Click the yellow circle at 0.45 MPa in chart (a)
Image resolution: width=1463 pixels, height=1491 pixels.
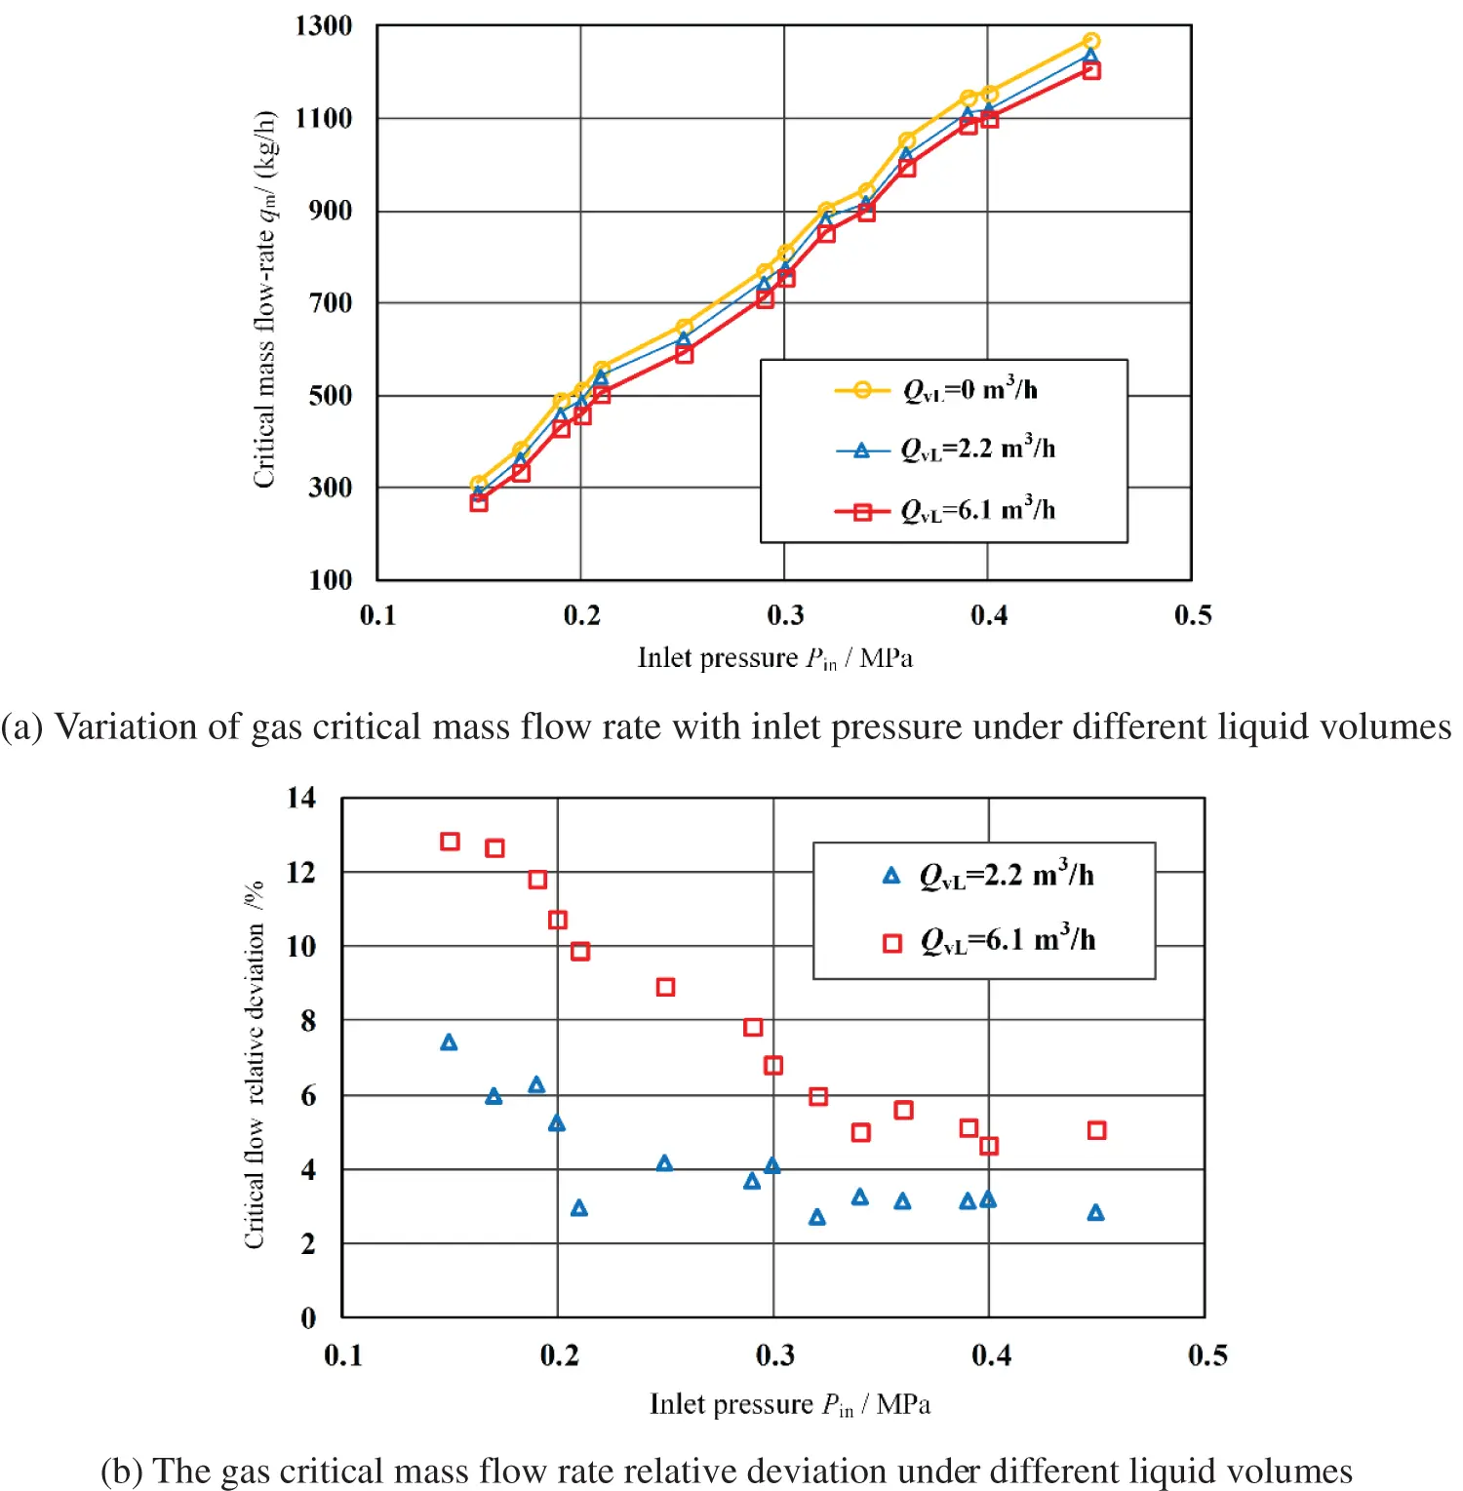coord(1091,41)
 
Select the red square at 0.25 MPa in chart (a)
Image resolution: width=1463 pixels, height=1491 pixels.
coord(684,355)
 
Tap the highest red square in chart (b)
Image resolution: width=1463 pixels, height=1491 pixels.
coord(450,842)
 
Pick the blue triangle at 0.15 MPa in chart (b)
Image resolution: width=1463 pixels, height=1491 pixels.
coord(449,1042)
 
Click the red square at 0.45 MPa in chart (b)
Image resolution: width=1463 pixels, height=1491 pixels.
coord(1096,1130)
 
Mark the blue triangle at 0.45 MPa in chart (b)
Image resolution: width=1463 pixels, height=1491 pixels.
coord(1095,1213)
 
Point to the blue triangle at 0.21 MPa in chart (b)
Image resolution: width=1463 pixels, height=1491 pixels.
coord(579,1208)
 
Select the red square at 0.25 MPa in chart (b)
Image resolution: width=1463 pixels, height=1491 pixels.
coord(665,987)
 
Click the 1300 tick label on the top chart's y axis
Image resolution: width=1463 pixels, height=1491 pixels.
coord(324,25)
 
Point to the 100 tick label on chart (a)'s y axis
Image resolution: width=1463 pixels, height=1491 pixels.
coord(330,580)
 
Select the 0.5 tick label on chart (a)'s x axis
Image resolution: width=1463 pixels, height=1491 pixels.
coord(1193,615)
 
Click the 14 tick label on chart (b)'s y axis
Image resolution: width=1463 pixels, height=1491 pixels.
coord(301,798)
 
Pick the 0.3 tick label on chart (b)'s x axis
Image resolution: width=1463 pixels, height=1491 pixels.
coord(774,1355)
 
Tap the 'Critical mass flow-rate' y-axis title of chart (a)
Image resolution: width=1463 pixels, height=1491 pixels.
coord(264,299)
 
